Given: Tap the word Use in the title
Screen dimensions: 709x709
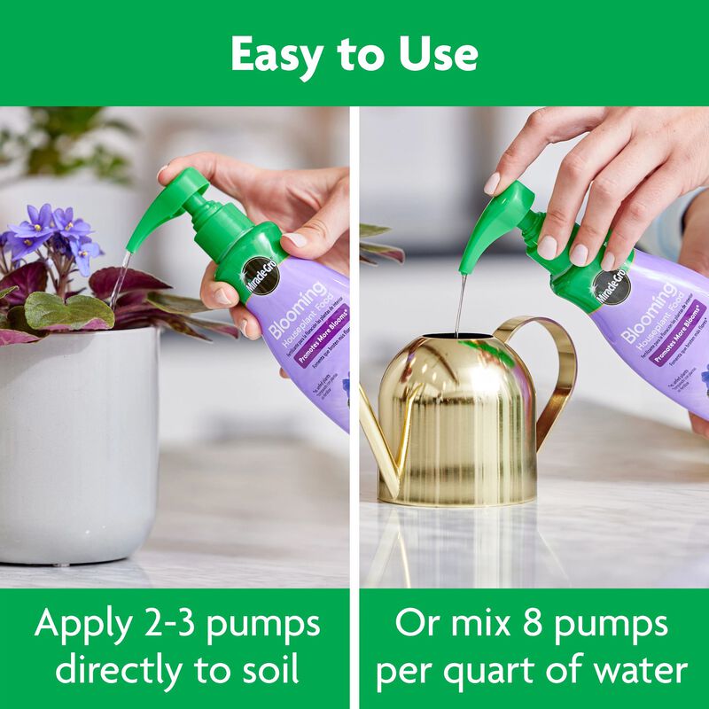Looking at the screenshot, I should point(436,55).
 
